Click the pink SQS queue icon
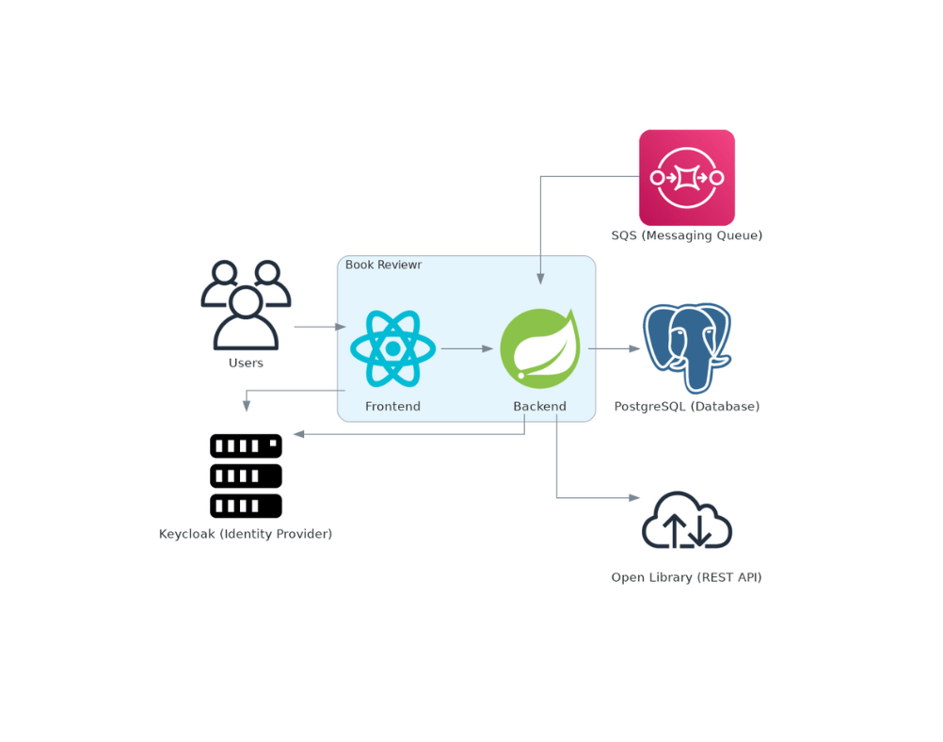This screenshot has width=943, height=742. coord(686,177)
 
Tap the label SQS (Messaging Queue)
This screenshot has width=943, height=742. coord(686,235)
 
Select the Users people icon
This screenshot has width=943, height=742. coord(246,305)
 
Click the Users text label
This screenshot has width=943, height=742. coord(246,363)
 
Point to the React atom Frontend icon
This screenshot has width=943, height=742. coord(392,348)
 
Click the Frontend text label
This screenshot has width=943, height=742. coord(392,407)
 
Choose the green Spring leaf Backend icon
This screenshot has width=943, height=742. coord(539,348)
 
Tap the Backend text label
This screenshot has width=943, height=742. coord(539,407)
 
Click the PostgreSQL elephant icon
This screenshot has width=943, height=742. coord(686,347)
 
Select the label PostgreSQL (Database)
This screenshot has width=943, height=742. coord(686,407)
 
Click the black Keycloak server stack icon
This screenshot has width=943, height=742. coord(246,476)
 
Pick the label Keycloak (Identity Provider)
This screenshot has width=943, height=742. coord(246,534)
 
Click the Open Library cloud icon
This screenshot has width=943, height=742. coord(686,520)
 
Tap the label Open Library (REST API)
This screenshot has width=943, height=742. coord(686,577)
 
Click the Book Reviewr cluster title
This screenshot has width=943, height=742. coord(383,265)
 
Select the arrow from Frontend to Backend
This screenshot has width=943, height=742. coord(467,348)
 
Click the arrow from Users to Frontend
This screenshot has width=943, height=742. coord(320,327)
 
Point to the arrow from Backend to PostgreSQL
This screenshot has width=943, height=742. coord(615,348)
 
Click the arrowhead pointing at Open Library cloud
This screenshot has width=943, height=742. coord(634,497)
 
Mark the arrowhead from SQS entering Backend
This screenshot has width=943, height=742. coord(540,279)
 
